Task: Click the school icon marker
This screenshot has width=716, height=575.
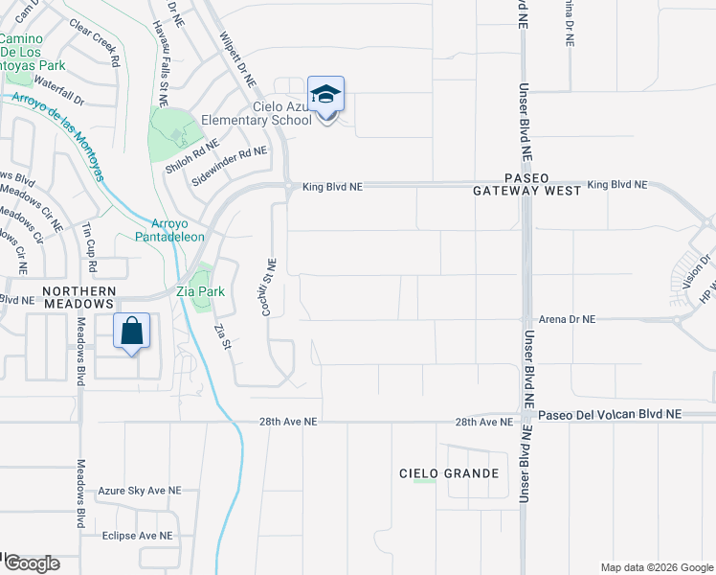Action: (326, 96)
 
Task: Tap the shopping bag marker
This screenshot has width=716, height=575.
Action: (133, 333)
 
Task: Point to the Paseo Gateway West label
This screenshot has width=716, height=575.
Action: (527, 185)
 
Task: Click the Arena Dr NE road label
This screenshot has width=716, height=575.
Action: (569, 319)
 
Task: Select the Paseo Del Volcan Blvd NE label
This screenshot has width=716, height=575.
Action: (609, 414)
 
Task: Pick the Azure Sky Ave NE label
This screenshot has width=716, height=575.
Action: (140, 491)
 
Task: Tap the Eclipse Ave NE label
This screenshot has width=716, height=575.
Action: (138, 536)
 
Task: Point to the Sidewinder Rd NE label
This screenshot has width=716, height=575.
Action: (229, 165)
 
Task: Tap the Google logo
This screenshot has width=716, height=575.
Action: (30, 563)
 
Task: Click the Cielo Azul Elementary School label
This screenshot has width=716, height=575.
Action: (257, 114)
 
